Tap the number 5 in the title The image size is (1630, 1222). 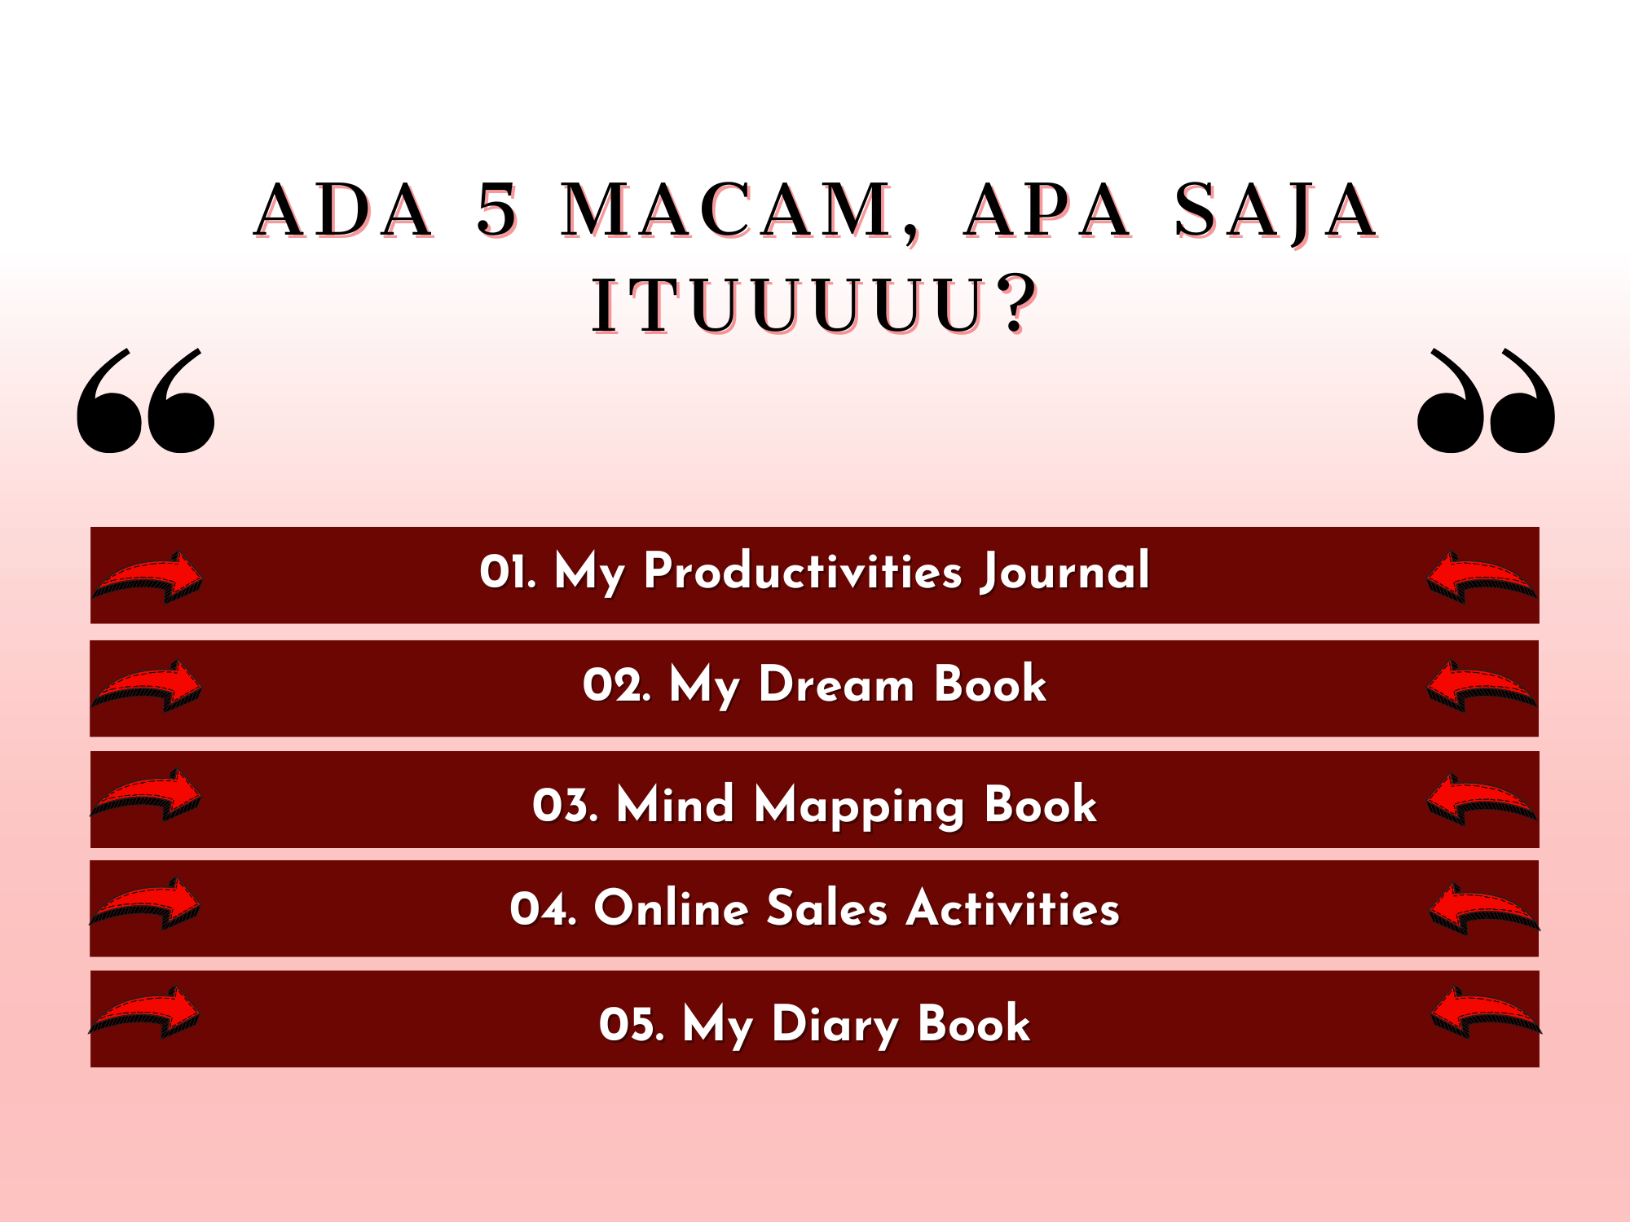[497, 210]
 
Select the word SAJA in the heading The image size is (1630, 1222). [1275, 212]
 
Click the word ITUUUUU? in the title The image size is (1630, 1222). [815, 305]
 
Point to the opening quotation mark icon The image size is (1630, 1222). [146, 401]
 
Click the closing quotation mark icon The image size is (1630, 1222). [1486, 401]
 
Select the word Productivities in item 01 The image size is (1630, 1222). [804, 571]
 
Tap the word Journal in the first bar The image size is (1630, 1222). [1065, 572]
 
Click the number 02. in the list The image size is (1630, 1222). [617, 684]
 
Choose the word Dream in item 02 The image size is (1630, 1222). [837, 684]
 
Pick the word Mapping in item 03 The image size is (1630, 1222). [860, 807]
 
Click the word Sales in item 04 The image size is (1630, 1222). [826, 908]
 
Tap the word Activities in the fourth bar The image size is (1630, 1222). [1013, 908]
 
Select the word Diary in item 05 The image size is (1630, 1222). [835, 1025]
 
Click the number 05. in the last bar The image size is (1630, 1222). [632, 1025]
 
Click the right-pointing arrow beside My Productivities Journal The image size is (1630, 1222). [148, 577]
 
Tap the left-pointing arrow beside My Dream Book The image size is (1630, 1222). [1482, 686]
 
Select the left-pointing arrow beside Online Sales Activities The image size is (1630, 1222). [1484, 908]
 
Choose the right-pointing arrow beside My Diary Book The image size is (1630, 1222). [144, 1012]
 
